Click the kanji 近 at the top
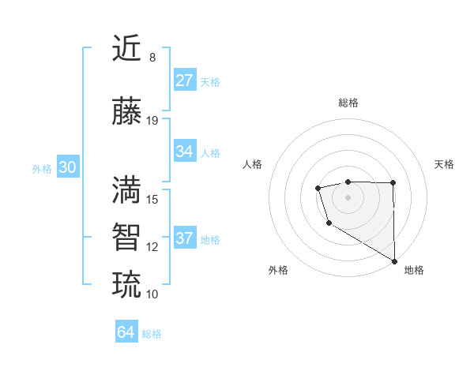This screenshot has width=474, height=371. pos(126,49)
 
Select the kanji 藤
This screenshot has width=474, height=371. pos(126,111)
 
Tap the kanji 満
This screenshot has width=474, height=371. pos(126,189)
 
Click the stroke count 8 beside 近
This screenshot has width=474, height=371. pos(152,58)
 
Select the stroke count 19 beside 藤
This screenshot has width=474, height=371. pos(152,120)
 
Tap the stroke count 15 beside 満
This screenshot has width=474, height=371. pos(152,199)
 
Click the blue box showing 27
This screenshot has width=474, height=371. pos(185,80)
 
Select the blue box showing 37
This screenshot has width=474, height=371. pos(185,238)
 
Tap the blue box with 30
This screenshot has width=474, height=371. pos(67,167)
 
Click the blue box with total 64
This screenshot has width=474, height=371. pos(126,332)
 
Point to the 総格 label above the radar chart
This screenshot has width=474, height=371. pos(348,103)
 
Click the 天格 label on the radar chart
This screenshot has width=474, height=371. pos(445,164)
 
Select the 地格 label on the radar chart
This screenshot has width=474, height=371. pos(414,270)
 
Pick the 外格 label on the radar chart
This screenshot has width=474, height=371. pos(278,270)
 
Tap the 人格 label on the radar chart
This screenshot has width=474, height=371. pos(253,164)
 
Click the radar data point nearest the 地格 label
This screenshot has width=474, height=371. pos(395,261)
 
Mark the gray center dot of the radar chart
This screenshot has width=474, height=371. pos(348,196)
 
